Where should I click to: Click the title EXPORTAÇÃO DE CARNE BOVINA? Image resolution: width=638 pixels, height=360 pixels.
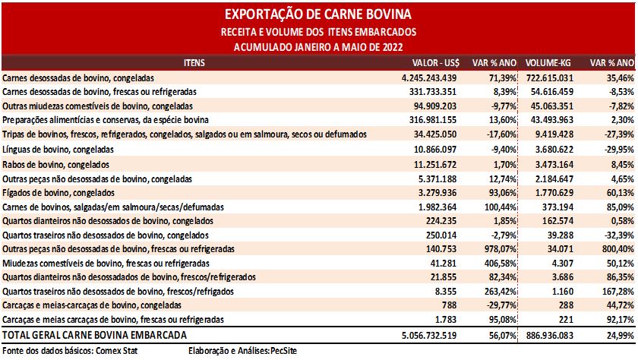coord(318,14)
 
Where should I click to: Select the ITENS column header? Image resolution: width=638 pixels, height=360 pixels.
coord(194,63)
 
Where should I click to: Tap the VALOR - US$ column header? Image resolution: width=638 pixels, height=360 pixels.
coord(436,63)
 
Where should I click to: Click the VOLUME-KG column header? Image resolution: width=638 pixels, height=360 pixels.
coord(548,63)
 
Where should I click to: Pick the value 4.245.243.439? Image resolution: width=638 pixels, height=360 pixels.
coord(429,78)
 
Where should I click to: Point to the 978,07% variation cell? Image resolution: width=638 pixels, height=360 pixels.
coord(501,249)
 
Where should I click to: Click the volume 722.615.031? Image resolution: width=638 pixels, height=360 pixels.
coord(550,78)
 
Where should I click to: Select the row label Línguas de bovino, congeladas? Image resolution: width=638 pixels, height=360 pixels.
coord(58,150)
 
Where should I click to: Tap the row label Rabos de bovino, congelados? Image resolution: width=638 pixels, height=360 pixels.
coord(55,165)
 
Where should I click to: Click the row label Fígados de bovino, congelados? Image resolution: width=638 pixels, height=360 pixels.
coord(58,193)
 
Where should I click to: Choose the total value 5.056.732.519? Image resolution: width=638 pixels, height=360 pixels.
coord(429,336)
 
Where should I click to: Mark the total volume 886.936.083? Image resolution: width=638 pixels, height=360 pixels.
coord(550,336)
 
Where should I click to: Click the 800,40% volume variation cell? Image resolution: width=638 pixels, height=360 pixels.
coord(618,249)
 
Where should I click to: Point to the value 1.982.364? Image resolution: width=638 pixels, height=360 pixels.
coord(437,207)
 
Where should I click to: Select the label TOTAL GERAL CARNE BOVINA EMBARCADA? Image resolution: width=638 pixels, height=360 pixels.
coord(94,335)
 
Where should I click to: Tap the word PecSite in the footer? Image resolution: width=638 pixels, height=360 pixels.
coord(283,351)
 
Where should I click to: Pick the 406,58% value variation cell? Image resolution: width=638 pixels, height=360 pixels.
coord(501,264)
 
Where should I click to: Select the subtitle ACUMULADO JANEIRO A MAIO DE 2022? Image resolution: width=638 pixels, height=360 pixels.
coord(318,47)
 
